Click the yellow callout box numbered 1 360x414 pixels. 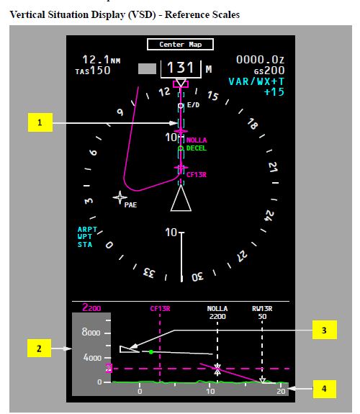pos(40,122)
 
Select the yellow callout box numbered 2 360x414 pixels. pos(39,348)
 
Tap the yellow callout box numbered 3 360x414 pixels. pos(324,330)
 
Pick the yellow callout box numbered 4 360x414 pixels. pos(324,389)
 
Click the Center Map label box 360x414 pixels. pos(180,45)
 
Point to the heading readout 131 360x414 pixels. pos(181,68)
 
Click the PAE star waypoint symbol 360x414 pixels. pos(120,197)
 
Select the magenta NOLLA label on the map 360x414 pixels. pos(197,140)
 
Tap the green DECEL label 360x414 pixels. pos(197,148)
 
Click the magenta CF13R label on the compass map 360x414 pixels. pos(197,174)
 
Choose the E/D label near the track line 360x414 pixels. pos(194,105)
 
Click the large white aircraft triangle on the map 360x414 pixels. pos(181,198)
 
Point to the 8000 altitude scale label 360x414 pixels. pos(91,332)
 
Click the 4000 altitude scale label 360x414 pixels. pos(92,358)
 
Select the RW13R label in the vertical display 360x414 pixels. pos(262,308)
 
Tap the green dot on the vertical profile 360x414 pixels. pos(151,352)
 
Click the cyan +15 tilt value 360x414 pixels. pos(274,92)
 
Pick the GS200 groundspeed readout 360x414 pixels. pos(269,71)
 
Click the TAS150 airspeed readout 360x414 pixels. pos(93,71)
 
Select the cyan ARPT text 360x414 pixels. pos(87,229)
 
